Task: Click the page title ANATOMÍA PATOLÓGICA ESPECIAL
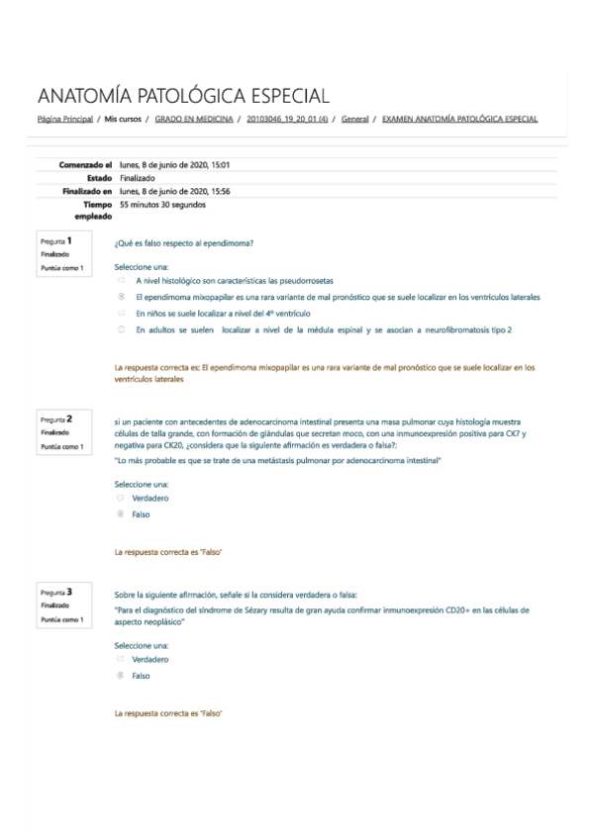(x=183, y=96)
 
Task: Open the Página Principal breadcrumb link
(x=64, y=119)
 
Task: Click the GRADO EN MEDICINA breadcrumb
(x=194, y=119)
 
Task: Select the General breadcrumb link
(x=354, y=119)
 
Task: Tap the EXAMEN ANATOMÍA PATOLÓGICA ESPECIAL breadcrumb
(x=459, y=119)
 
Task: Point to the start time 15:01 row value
(x=174, y=164)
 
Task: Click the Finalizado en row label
(x=80, y=191)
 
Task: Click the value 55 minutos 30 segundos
(x=162, y=205)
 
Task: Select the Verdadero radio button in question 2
(x=121, y=499)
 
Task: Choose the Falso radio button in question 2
(x=121, y=514)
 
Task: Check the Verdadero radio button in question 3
(x=121, y=659)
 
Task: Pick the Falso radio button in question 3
(x=121, y=676)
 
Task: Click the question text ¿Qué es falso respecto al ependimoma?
(x=184, y=242)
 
